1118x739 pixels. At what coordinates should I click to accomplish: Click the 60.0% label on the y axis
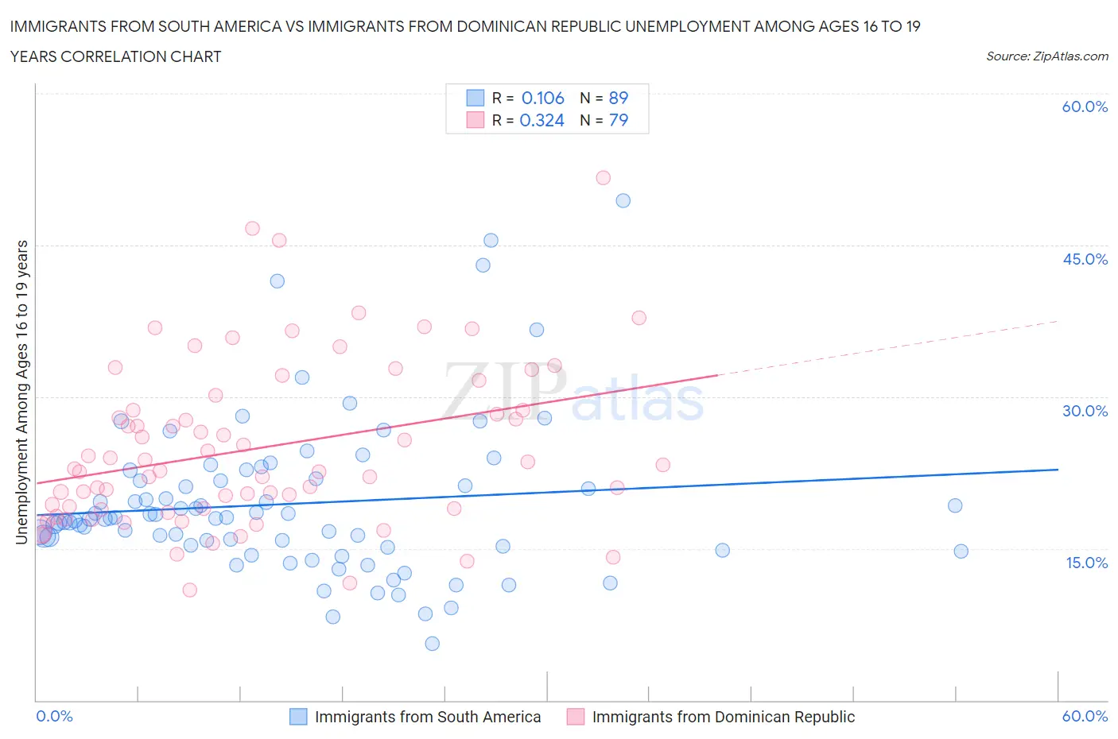[1085, 107]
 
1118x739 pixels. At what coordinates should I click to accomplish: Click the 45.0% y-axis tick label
[1085, 259]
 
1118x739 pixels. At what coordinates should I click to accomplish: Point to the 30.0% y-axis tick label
[1085, 411]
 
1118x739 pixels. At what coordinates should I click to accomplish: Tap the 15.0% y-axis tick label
[1085, 563]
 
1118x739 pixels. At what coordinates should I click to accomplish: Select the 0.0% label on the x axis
[55, 716]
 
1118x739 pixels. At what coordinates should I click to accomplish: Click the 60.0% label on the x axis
[1085, 716]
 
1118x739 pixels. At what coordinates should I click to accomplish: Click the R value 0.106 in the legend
[542, 98]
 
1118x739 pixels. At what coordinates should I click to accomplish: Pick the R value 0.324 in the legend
[542, 120]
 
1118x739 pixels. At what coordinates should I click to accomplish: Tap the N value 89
[618, 98]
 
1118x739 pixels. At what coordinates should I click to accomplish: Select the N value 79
[618, 120]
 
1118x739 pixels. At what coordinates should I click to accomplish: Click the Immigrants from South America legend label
[428, 717]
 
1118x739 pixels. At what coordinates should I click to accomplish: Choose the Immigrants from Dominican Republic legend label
[723, 717]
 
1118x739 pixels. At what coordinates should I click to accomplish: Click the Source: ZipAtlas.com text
[1046, 56]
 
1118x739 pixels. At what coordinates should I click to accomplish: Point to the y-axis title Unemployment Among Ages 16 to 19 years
[22, 393]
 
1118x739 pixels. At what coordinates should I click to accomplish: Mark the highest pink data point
[603, 178]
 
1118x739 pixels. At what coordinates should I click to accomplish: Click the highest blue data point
[623, 201]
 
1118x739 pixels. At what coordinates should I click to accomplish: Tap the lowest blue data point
[432, 644]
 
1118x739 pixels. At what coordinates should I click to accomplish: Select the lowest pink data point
[189, 590]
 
